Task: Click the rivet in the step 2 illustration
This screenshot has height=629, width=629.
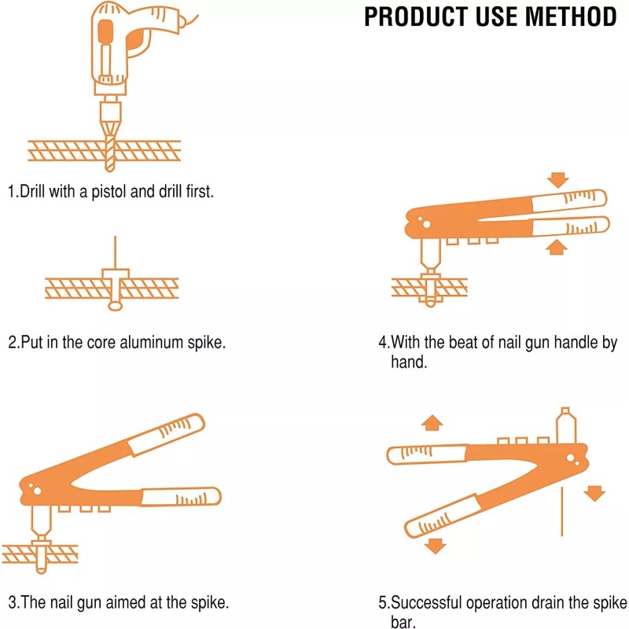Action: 115,283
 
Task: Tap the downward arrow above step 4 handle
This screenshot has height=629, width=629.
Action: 558,180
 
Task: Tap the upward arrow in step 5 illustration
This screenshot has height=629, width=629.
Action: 432,423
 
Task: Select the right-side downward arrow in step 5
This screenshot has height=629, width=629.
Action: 595,493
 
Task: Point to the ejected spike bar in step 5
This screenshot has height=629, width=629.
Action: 562,511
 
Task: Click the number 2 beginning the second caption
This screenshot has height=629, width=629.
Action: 13,344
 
